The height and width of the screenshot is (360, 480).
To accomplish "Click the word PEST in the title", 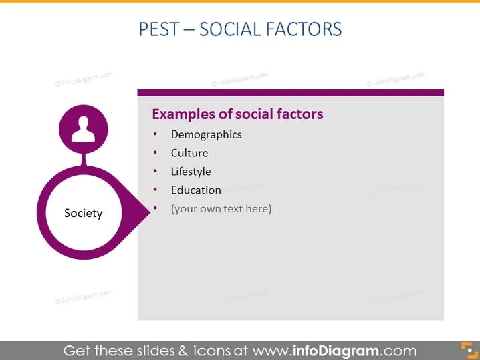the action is click(159, 29).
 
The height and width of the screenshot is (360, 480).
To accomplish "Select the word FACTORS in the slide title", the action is click(304, 29).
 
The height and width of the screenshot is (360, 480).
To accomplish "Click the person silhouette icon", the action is click(84, 129).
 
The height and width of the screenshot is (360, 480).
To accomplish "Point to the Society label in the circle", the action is click(84, 213).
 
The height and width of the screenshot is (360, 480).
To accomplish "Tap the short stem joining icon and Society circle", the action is click(84, 160).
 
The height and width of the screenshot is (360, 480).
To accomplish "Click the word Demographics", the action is click(207, 134).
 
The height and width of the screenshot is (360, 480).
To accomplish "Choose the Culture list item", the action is click(189, 153).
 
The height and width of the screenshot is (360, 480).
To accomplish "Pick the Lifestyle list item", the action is click(191, 172).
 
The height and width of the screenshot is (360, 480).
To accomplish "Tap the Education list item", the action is click(196, 190).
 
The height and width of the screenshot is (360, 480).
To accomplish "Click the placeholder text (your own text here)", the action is click(221, 209).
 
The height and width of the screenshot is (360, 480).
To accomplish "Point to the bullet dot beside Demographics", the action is click(156, 134).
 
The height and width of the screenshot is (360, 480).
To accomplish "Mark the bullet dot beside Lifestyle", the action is click(156, 171).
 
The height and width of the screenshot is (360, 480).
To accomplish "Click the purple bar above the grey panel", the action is click(291, 93).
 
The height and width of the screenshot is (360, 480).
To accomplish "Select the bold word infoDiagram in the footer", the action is click(336, 351).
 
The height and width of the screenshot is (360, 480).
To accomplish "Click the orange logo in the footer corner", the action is click(469, 350).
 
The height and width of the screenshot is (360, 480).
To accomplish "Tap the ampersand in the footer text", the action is click(183, 351).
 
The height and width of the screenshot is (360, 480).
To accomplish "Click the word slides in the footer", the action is click(156, 351).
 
